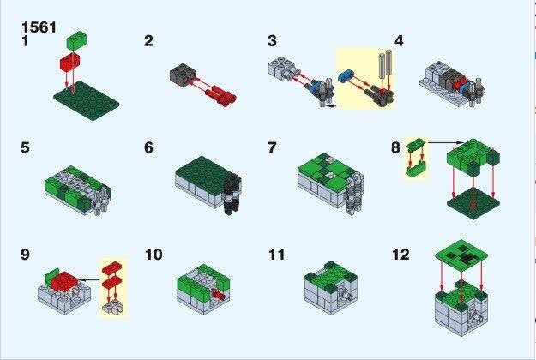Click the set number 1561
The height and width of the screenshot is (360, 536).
39,27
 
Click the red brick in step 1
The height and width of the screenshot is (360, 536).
69,63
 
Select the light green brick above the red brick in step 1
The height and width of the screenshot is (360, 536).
76,40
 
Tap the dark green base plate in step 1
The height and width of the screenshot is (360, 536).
87,100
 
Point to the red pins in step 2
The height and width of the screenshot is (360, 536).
220,93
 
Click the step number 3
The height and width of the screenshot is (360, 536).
272,40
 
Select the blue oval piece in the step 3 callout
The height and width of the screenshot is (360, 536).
346,75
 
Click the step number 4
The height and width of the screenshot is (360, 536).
399,41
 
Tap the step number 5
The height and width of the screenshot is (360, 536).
25,147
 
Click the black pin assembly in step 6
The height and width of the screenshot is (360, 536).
232,193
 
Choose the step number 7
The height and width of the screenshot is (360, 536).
272,147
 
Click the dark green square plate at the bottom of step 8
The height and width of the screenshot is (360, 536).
473,203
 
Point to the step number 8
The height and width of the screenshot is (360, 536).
395,147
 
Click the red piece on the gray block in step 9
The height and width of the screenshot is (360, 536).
65,281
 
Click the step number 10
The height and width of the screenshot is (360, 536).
154,255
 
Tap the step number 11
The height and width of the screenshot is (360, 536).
276,255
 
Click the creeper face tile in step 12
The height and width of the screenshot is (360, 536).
461,255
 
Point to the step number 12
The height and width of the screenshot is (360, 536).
400,255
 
